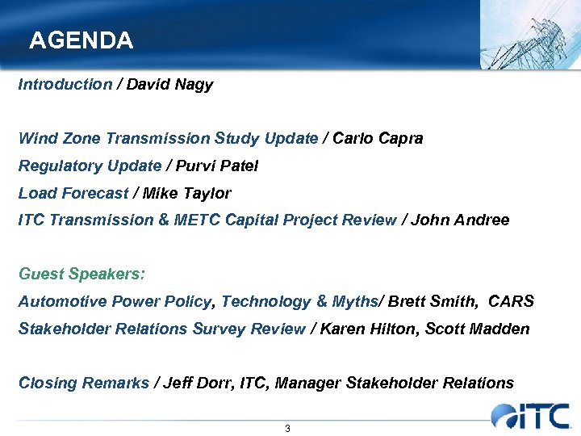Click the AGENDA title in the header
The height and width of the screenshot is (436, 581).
point(81,40)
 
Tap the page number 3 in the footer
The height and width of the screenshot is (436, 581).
point(287,428)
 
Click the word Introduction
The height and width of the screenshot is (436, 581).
point(65,85)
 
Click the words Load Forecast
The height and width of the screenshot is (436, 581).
point(73,194)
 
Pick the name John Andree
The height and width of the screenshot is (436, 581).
point(460,220)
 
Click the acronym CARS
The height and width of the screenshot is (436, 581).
point(512,302)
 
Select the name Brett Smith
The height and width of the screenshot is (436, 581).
point(435,302)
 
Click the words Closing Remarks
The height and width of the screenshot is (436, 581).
point(84,384)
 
